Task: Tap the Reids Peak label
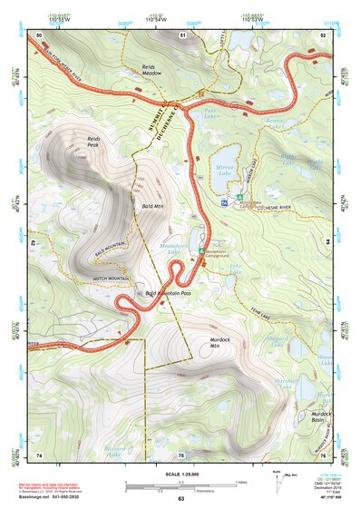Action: [x=93, y=141]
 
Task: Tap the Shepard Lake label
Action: [x=282, y=339]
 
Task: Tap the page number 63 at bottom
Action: [x=180, y=499]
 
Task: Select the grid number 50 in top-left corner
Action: [x=39, y=34]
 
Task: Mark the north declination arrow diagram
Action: [x=277, y=482]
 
